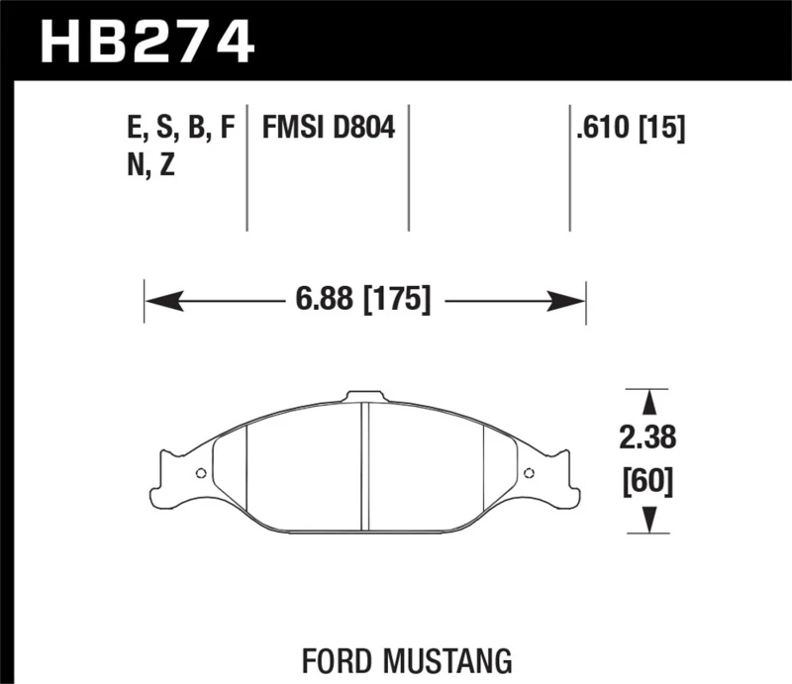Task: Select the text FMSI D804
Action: [x=328, y=128]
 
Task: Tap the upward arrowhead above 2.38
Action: [x=650, y=401]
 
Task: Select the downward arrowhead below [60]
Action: [x=650, y=520]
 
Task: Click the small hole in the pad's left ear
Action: [x=201, y=472]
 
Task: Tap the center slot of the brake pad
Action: [x=364, y=464]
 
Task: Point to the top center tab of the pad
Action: [x=364, y=397]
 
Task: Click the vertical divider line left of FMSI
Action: [x=247, y=168]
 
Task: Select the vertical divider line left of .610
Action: [x=570, y=168]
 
